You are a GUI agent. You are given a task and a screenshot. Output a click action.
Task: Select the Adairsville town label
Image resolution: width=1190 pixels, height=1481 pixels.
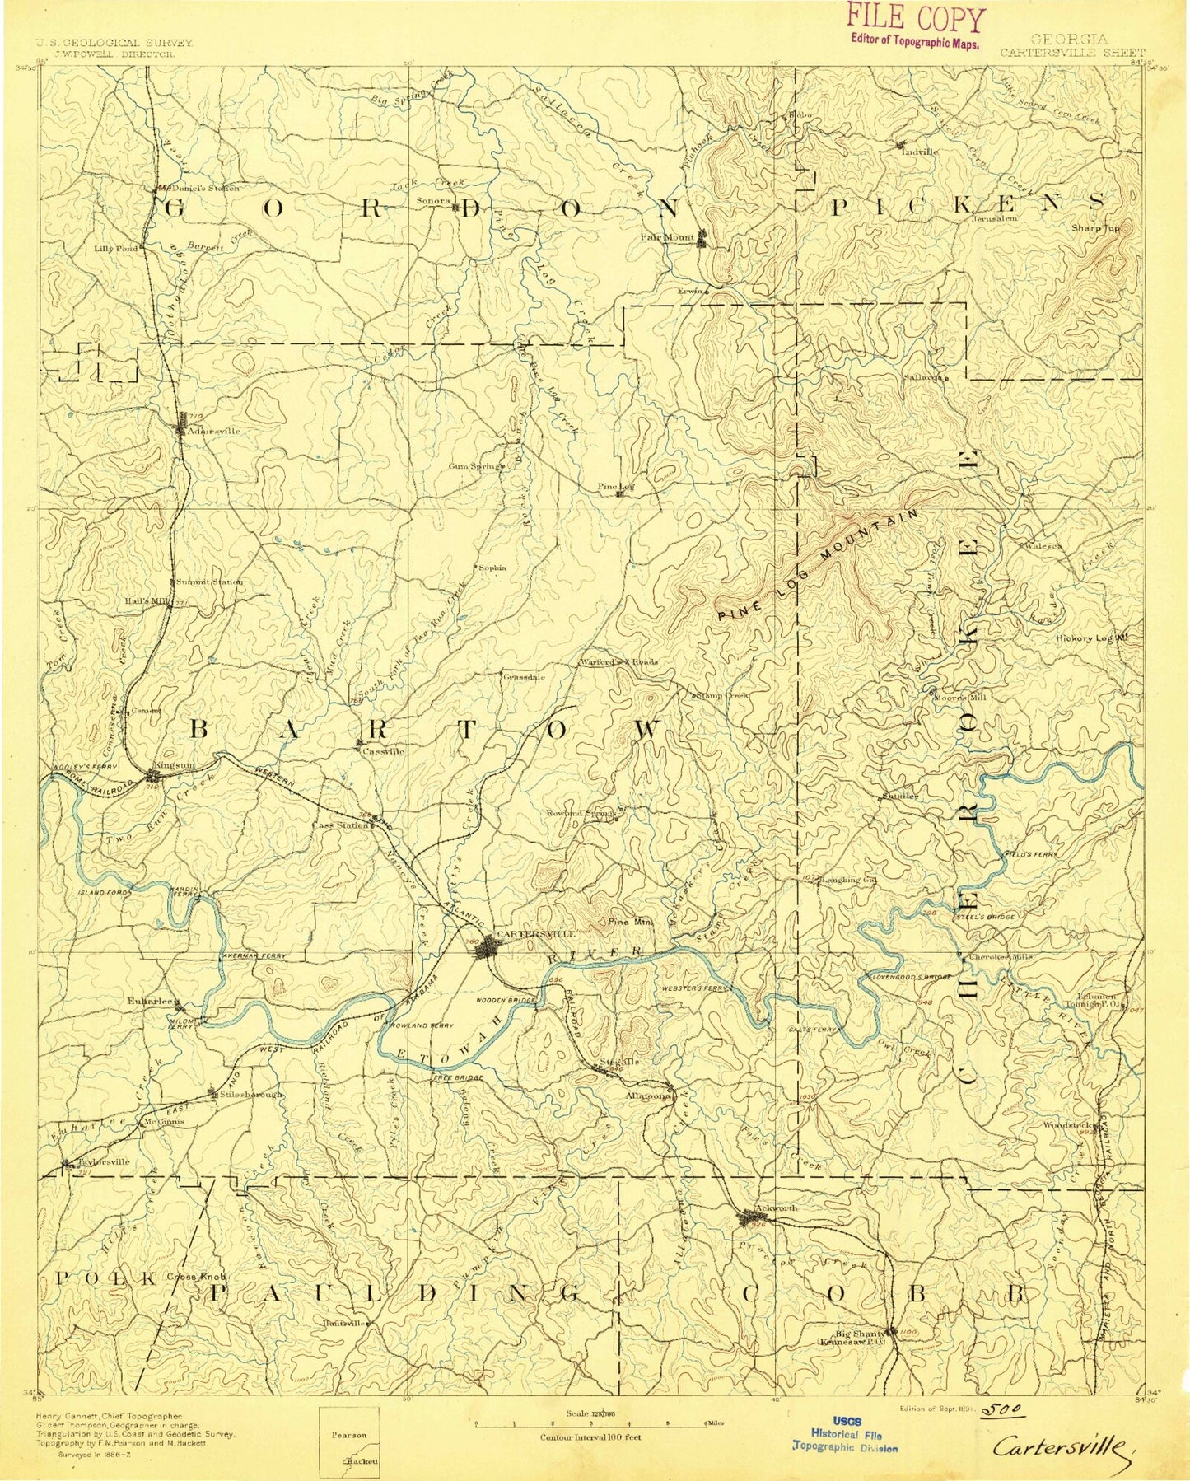(x=214, y=431)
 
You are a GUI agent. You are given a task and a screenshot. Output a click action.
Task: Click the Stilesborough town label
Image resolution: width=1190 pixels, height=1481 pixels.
(x=250, y=1095)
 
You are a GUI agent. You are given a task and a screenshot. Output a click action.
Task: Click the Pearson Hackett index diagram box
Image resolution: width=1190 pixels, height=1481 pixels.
(x=349, y=1437)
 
